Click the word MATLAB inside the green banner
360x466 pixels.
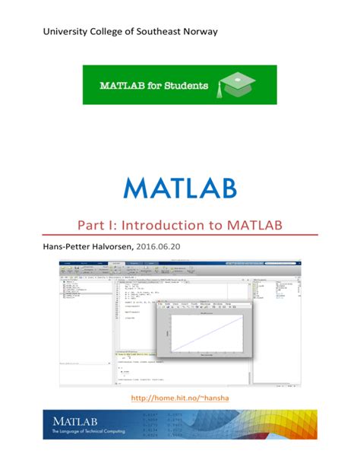pos(122,86)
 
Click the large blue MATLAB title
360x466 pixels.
pos(180,188)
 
